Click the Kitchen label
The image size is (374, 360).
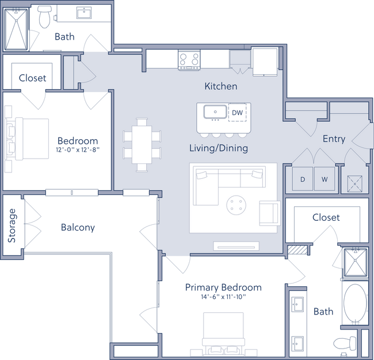point(221,86)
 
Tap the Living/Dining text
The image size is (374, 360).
point(219,148)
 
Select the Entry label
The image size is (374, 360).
point(334,139)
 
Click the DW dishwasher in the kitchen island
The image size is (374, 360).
point(238,113)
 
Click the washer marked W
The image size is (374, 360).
point(325,179)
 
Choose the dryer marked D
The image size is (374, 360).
point(303,179)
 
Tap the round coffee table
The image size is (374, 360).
point(235,204)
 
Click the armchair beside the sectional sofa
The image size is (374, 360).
point(269,213)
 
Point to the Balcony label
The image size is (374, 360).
point(78,228)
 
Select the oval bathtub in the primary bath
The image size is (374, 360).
point(354,304)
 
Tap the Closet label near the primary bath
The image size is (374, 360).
point(326,218)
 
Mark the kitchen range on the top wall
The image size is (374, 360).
point(188,59)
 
